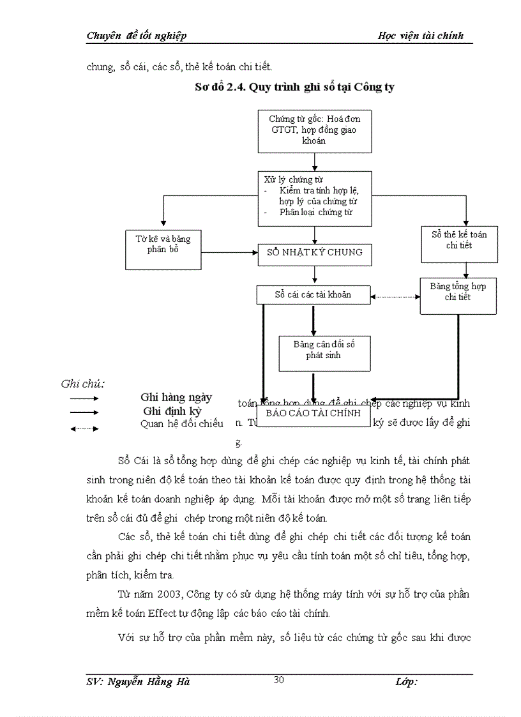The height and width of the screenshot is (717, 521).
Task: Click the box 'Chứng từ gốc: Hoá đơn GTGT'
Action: [x=314, y=130]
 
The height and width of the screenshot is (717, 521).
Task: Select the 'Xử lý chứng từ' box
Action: [x=314, y=198]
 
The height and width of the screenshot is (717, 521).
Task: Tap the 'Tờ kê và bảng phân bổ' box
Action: [x=163, y=249]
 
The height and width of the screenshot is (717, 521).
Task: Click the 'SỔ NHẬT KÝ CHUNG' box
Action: [x=314, y=252]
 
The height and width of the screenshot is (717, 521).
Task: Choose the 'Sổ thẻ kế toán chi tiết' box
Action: [x=458, y=244]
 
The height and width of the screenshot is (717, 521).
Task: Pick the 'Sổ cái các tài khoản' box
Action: [x=313, y=295]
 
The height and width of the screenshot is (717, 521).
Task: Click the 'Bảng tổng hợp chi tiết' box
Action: [x=458, y=296]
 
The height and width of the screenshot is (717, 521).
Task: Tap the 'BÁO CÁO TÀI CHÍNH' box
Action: [x=313, y=413]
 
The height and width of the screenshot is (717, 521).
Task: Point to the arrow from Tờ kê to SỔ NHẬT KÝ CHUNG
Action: [x=229, y=252]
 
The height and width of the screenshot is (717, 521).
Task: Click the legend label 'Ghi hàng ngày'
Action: [x=176, y=397]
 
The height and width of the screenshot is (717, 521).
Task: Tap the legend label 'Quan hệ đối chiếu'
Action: [x=181, y=424]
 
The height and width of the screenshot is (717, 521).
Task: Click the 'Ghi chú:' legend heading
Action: [x=83, y=384]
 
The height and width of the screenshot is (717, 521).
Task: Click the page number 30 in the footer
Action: [x=278, y=679]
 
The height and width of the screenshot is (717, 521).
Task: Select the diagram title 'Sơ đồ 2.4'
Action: [x=294, y=87]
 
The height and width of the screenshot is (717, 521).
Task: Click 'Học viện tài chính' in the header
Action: [x=421, y=35]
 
